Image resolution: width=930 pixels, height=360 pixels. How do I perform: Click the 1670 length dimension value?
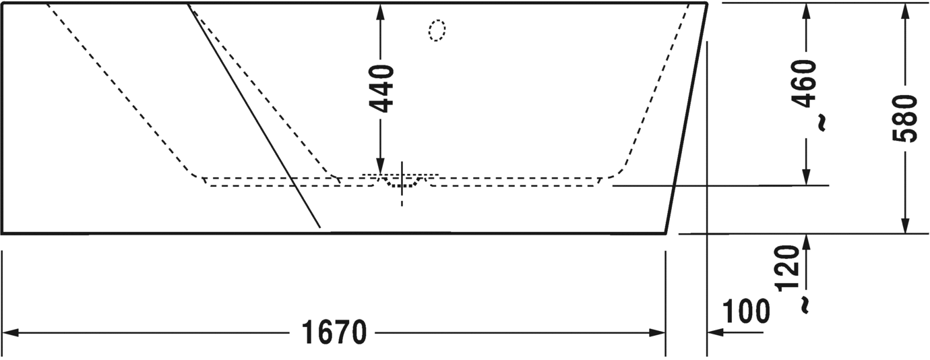334,332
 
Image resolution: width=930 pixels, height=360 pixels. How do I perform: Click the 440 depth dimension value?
381,88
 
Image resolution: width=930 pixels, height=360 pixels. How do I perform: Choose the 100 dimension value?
746,311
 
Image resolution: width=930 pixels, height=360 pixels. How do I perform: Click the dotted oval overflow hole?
437,30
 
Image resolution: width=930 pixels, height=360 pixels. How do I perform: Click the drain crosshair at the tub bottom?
402,182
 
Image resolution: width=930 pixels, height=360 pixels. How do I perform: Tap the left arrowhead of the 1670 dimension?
9,332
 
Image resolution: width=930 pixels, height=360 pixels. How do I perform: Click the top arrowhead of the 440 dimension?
381,11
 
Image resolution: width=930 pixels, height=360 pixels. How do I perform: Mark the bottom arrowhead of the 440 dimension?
381,169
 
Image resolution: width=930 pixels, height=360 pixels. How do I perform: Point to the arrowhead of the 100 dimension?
714,332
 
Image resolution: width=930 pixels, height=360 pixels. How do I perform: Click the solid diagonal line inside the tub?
253,115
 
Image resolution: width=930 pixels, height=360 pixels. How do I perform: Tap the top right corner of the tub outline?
707,3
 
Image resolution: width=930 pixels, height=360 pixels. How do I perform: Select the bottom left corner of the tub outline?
3,233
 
